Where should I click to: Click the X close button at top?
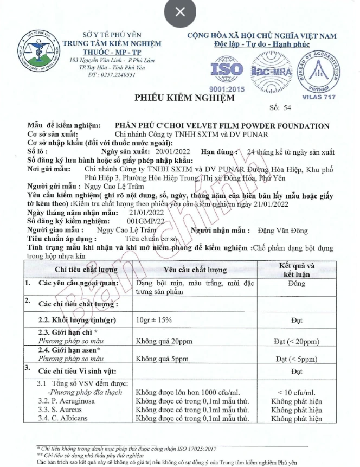[181, 11]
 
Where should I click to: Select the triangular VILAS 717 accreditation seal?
[322, 72]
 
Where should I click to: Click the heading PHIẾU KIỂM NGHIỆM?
[185, 98]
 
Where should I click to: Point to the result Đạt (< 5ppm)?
[296, 359]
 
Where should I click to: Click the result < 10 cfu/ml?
[296, 392]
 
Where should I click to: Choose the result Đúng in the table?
[297, 283]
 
